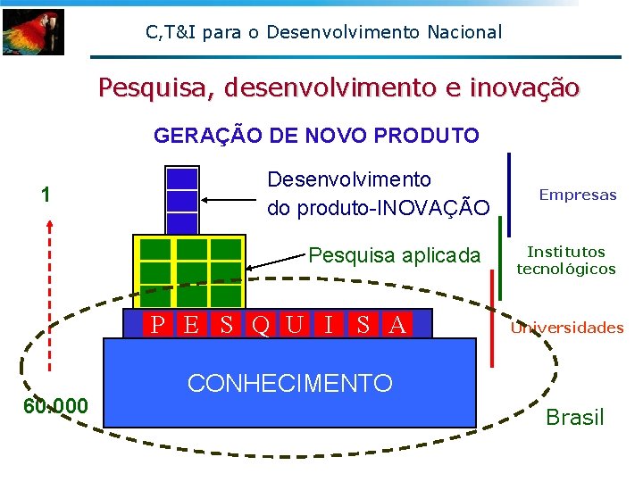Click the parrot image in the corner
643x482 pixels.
[x=33, y=32]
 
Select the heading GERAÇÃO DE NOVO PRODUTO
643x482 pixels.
[x=316, y=136]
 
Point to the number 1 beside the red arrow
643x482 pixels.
[x=46, y=195]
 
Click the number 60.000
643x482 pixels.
[x=55, y=407]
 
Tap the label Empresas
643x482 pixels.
[x=578, y=195]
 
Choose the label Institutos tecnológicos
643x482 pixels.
[x=566, y=261]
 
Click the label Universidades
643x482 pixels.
[x=567, y=328]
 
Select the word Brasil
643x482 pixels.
[x=574, y=417]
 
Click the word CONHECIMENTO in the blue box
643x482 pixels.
[x=289, y=384]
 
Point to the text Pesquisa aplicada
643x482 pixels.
[x=394, y=255]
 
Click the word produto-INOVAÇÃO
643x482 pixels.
[x=379, y=208]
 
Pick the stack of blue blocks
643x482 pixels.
[x=182, y=201]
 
